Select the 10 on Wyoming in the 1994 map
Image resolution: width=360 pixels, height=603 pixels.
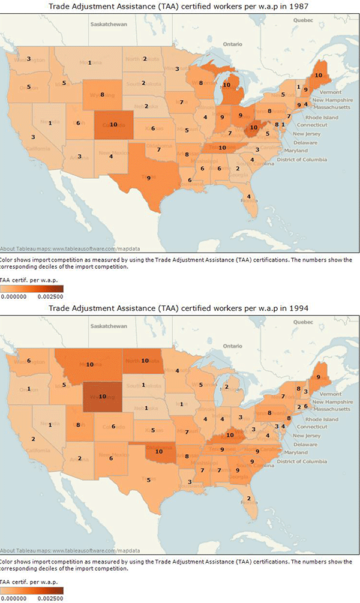pos(103,396)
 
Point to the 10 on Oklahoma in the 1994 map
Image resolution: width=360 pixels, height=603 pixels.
pos(159,451)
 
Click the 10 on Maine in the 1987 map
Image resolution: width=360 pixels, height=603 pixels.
pos(318,75)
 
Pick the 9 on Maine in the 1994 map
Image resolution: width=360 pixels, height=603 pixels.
pos(319,377)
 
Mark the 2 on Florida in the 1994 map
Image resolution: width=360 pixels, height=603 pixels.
pos(248,499)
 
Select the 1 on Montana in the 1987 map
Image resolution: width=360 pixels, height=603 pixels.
pos(89,62)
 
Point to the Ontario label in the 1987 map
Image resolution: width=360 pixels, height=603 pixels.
pos(231,44)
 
